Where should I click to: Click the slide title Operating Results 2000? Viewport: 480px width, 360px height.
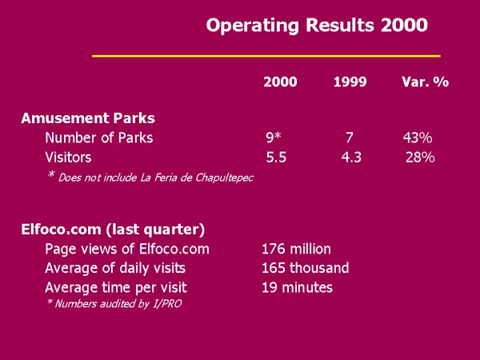[316, 25]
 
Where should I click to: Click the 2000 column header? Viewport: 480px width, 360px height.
[280, 82]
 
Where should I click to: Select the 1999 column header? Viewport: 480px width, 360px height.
[350, 82]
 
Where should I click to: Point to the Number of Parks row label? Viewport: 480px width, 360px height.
[98, 138]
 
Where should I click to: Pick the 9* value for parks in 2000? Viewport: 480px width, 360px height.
[274, 138]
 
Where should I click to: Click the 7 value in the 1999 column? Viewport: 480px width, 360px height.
[350, 138]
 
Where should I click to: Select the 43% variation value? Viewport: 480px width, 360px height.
[418, 138]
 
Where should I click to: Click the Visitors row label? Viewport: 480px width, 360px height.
[68, 158]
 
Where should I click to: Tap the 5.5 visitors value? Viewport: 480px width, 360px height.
[277, 158]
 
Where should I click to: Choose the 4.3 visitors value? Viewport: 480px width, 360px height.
[351, 158]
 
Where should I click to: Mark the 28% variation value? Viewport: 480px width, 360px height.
[420, 158]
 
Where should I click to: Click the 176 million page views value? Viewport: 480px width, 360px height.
[296, 249]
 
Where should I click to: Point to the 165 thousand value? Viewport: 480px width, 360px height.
[305, 268]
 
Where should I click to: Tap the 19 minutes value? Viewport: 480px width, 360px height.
[297, 287]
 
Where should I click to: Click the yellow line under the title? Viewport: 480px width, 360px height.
[266, 56]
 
